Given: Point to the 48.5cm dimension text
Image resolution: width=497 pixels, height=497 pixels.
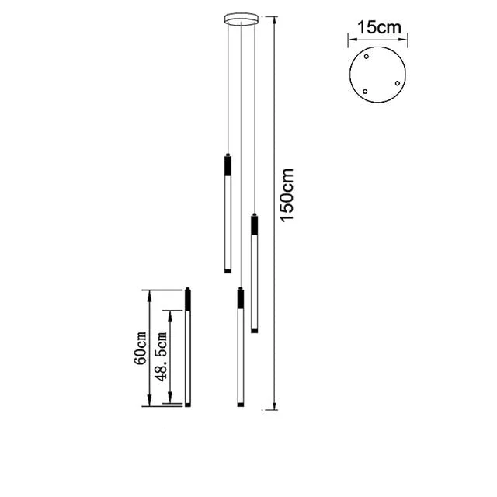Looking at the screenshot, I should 162,356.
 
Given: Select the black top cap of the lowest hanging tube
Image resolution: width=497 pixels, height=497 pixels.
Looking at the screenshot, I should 240,298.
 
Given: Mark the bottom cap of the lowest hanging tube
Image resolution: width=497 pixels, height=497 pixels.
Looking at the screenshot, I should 240,405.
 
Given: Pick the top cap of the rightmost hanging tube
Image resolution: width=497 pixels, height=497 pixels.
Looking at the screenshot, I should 254,223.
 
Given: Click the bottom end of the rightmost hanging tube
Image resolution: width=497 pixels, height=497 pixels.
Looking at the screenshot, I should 254,331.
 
